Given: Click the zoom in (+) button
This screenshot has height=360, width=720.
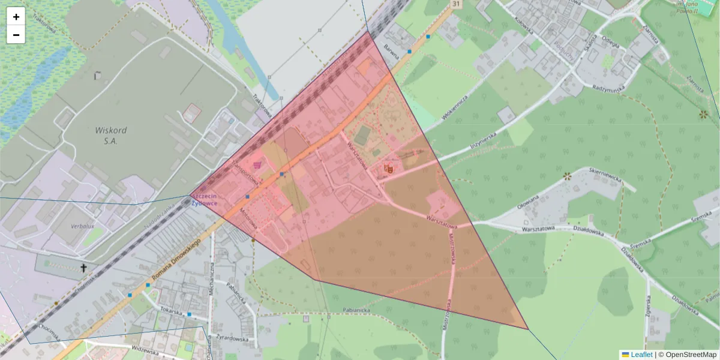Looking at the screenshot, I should pyautogui.click(x=16, y=17).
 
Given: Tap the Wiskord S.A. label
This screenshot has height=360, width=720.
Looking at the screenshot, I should pyautogui.click(x=106, y=135).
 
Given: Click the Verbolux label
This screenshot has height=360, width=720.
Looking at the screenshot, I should pyautogui.click(x=82, y=226).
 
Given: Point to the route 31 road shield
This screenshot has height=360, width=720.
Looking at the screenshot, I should pyautogui.click(x=457, y=4).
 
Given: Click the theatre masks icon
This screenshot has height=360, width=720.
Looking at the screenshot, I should pyautogui.click(x=388, y=169).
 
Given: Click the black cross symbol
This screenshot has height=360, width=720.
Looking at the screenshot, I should pyautogui.click(x=84, y=268).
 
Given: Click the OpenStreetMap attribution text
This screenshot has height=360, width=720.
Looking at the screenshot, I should pyautogui.click(x=687, y=355).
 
